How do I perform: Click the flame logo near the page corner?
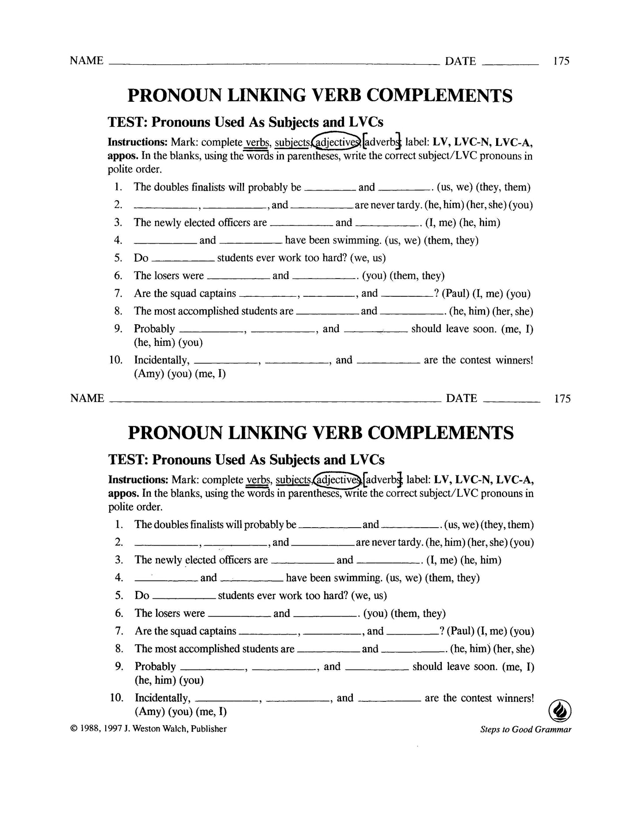[559, 712]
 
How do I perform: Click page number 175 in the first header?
[561, 61]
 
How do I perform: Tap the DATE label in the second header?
[461, 398]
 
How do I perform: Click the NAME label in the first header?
[86, 61]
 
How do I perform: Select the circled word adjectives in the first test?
[337, 142]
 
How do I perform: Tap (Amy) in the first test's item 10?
[148, 374]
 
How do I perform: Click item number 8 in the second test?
[118, 649]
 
